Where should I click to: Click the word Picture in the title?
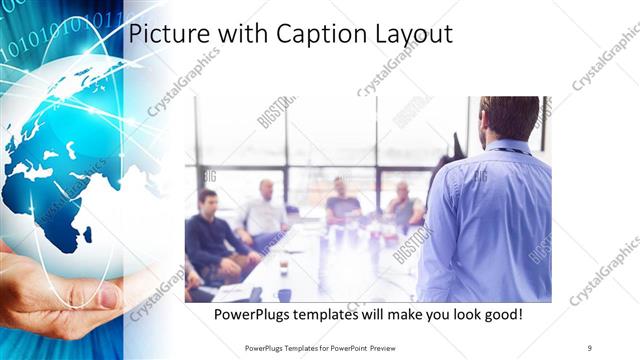click(x=164, y=34)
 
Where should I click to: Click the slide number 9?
click(x=589, y=347)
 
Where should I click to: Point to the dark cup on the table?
click(x=284, y=295)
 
